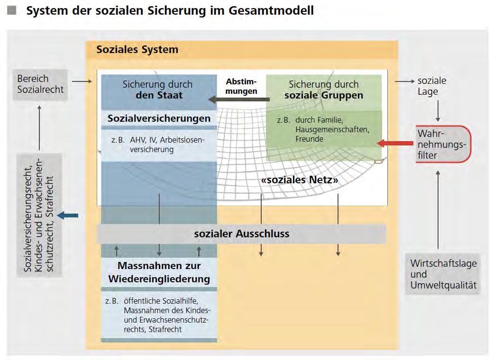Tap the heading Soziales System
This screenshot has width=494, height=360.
[137, 49]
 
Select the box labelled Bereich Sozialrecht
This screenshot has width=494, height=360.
[40, 84]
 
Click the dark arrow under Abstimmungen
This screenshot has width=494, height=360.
[239, 99]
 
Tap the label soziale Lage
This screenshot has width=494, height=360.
[431, 86]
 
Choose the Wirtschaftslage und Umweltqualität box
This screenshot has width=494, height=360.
[443, 274]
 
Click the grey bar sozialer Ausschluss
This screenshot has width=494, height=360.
[241, 234]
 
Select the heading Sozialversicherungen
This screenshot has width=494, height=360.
[159, 118]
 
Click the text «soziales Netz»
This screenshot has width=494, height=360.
[300, 180]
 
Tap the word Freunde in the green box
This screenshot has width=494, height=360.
[309, 139]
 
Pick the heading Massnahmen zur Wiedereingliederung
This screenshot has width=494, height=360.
[159, 272]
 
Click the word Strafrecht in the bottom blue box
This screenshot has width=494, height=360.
[165, 329]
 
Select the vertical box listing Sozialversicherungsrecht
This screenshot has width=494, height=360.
[40, 215]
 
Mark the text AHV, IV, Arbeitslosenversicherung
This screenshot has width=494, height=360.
[164, 144]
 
